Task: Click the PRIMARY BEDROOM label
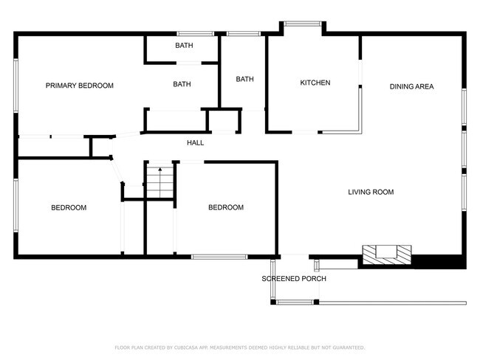80,86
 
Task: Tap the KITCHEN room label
315,83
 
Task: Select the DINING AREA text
411,86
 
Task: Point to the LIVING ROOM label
371,192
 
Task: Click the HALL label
195,142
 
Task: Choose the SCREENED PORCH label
294,278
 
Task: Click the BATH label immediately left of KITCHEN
244,79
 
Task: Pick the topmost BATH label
184,46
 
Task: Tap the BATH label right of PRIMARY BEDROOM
182,84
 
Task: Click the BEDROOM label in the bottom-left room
69,207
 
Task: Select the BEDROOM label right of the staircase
225,207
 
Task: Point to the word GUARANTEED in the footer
347,347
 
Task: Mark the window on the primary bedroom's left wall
16,86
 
